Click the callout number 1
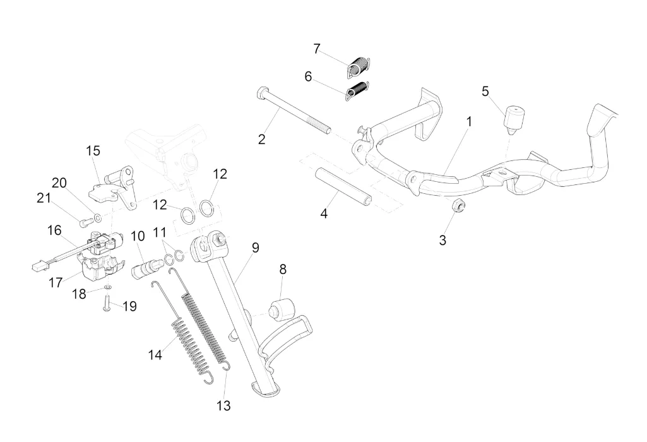[469, 119]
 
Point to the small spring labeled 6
[358, 90]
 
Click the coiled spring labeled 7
[361, 64]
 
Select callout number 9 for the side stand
[255, 248]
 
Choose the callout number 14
[155, 355]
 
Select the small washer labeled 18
[107, 287]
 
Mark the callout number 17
[56, 282]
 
